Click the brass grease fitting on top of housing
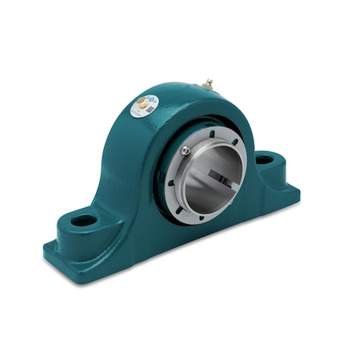click(x=208, y=83)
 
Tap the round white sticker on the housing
click(x=146, y=104)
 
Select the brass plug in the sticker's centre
click(x=143, y=103)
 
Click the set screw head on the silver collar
click(x=186, y=150)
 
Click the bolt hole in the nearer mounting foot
click(x=83, y=219)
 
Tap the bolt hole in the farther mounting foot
click(x=264, y=160)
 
